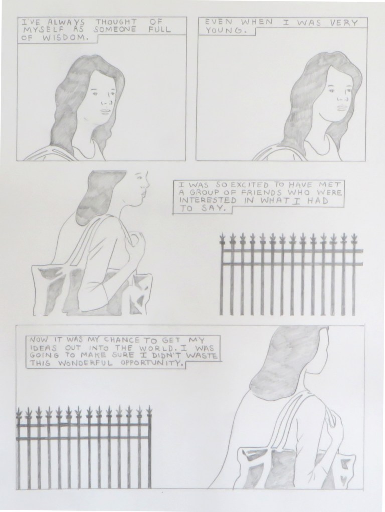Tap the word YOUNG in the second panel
point(226,31)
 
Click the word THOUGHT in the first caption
point(116,23)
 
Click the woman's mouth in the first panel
point(105,111)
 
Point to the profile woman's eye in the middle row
point(141,179)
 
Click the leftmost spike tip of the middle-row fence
point(223,233)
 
